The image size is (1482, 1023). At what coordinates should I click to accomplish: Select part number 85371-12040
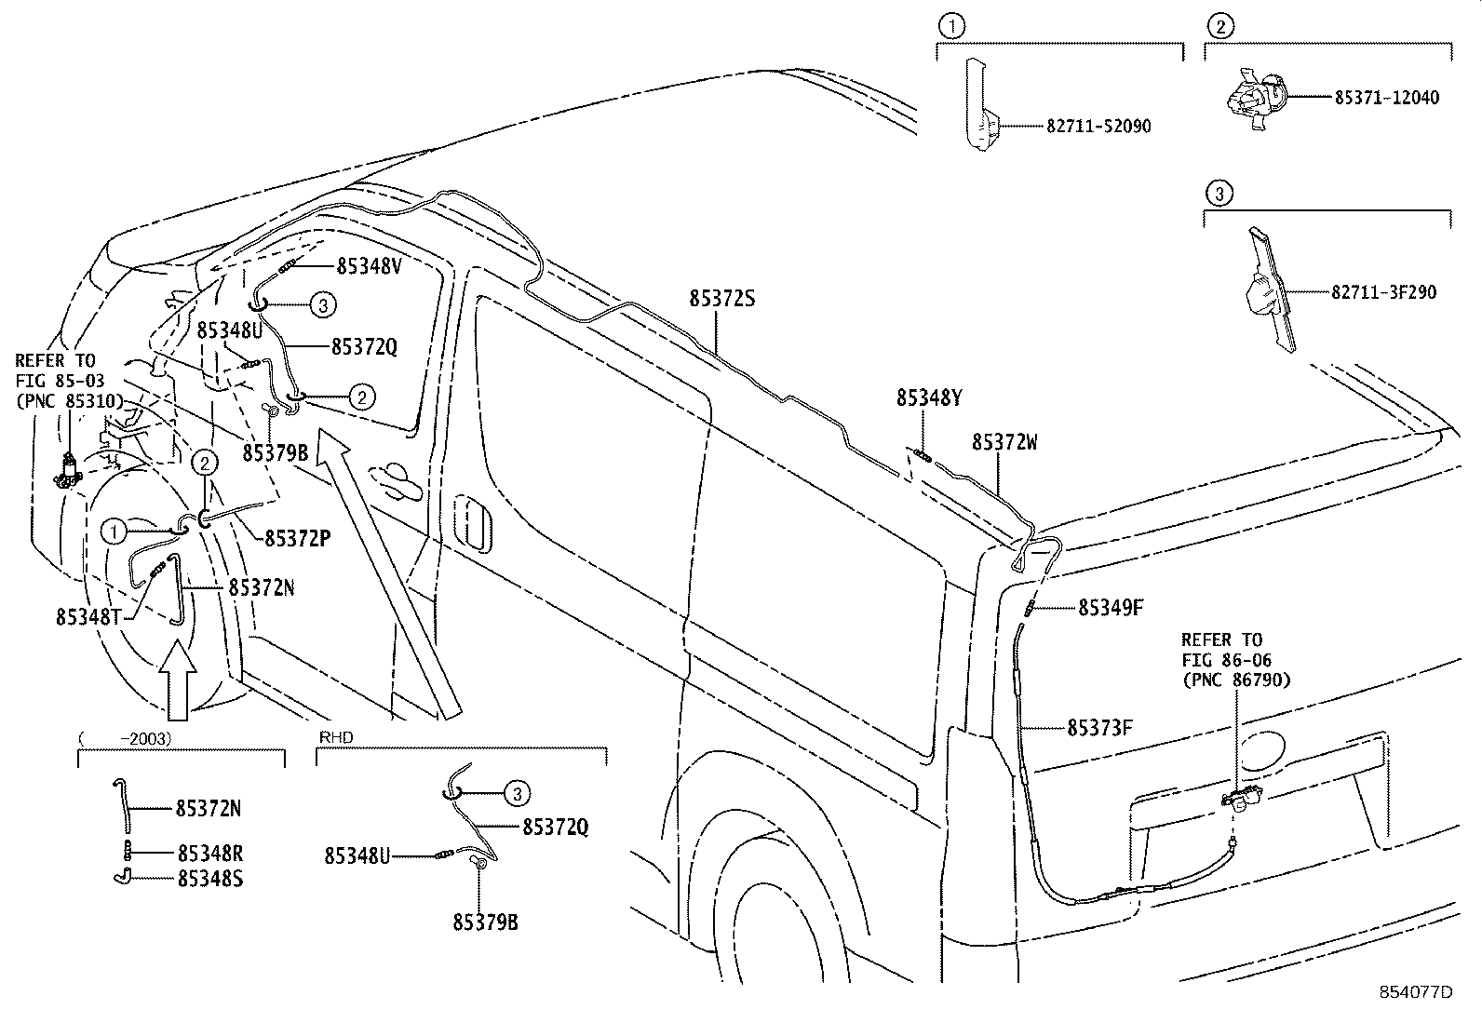pos(1386,97)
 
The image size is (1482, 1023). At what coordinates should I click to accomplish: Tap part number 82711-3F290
pos(1383,292)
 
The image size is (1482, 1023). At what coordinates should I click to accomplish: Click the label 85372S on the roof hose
pos(721,299)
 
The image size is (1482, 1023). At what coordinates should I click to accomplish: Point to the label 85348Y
pos(928,397)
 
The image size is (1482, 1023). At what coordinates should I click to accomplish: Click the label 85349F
pos(1110,608)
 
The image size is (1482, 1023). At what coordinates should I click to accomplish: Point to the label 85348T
pos(88,616)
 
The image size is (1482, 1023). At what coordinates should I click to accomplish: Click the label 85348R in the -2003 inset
pos(209,853)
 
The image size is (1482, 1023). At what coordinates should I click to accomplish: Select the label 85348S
pos(209,878)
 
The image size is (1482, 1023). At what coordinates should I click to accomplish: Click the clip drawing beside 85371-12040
pos(1254,97)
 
